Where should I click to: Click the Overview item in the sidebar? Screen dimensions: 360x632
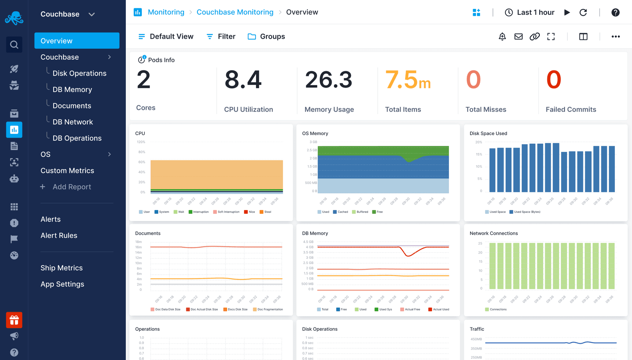pos(77,41)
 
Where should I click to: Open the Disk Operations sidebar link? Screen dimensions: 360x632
pos(79,73)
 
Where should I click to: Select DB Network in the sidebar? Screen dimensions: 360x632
pos(73,122)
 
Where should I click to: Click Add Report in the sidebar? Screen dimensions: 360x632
pos(71,187)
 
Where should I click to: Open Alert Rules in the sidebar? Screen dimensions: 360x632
pos(59,235)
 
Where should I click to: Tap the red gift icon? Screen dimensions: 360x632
pos(14,320)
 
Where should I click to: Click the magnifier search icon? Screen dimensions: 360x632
pos(14,44)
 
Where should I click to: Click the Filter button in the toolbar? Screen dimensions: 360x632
pos(221,37)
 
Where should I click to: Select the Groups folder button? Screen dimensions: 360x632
pos(266,37)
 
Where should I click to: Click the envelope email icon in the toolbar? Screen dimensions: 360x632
pos(518,37)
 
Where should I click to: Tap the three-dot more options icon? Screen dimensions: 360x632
pos(616,37)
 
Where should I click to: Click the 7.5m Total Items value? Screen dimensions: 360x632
pos(408,80)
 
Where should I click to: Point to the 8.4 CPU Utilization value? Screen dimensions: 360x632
pos(243,80)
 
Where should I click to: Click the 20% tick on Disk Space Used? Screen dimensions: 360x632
pos(479,142)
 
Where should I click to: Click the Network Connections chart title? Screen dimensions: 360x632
pos(493,233)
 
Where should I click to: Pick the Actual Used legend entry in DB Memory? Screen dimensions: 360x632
pos(439,309)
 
